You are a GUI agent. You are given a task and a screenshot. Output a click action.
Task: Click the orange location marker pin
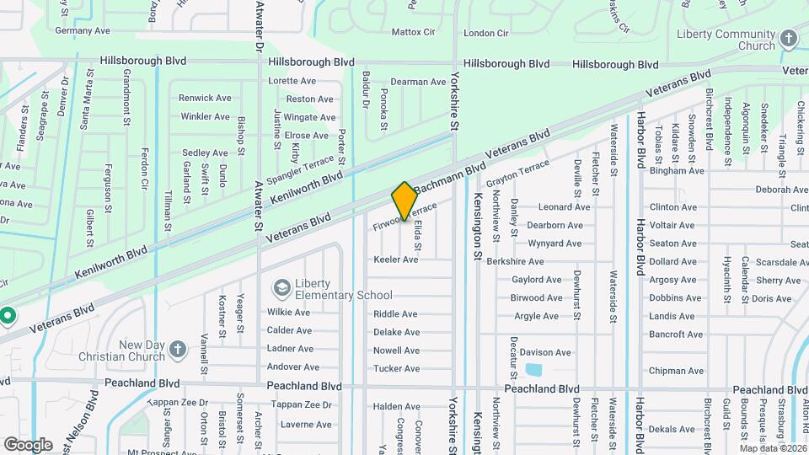click(404, 201)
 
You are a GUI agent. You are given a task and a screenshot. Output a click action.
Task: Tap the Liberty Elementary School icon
click(281, 288)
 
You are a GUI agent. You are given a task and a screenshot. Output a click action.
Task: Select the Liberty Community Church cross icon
click(788, 39)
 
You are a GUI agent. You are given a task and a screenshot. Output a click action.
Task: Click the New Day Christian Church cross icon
click(178, 350)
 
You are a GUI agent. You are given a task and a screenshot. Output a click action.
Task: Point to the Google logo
click(28, 444)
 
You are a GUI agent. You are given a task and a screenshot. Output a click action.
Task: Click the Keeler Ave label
click(395, 260)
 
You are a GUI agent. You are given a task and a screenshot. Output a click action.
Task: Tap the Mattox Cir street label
click(413, 32)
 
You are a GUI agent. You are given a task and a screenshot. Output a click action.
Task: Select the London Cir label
click(486, 33)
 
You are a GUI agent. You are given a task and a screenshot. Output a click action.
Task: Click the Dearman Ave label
click(418, 82)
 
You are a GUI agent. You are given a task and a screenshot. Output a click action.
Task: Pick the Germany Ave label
click(83, 30)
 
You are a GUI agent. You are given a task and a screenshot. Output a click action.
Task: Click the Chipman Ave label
click(676, 371)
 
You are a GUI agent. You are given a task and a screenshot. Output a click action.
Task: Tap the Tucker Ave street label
click(396, 369)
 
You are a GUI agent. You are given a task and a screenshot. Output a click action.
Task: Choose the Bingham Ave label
click(676, 170)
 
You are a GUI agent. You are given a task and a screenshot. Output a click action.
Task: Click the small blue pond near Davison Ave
click(533, 369)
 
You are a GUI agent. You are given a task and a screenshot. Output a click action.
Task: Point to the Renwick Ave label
click(204, 98)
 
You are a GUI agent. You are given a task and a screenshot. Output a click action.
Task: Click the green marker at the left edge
click(8, 317)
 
